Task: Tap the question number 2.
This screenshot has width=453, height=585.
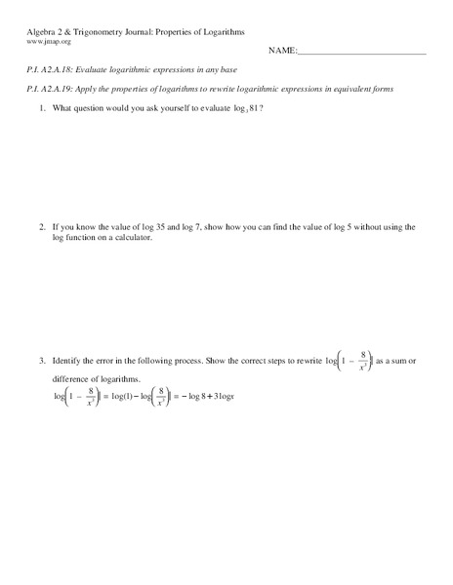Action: [42, 225]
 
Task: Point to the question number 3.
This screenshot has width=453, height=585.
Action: [42, 361]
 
